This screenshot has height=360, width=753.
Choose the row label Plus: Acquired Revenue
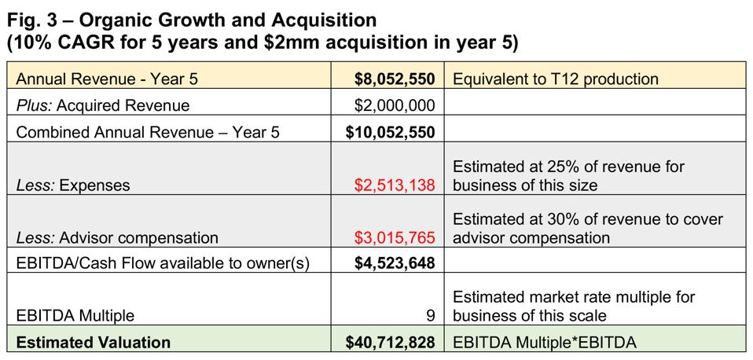point(103,105)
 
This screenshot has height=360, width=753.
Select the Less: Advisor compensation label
point(117,237)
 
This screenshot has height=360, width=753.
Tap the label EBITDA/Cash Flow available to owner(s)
point(163,263)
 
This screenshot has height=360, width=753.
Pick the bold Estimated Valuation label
point(93,342)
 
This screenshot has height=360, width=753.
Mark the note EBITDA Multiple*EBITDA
point(541,342)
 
